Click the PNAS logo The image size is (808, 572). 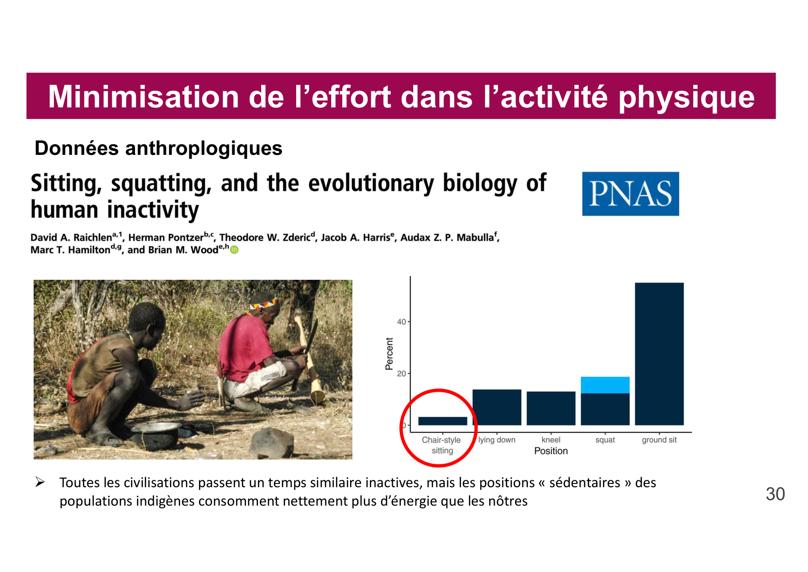pyautogui.click(x=630, y=194)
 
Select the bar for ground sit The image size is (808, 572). pyautogui.click(x=659, y=354)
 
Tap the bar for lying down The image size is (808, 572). pyautogui.click(x=497, y=407)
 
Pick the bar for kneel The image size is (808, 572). pyautogui.click(x=551, y=408)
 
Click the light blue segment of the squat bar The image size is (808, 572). pyautogui.click(x=605, y=385)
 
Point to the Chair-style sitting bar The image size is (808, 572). pyautogui.click(x=443, y=421)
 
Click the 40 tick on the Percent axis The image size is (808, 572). pyautogui.click(x=402, y=322)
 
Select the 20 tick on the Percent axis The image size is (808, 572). pyautogui.click(x=402, y=373)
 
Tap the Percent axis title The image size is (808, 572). pyautogui.click(x=389, y=354)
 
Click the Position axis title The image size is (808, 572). pyautogui.click(x=551, y=451)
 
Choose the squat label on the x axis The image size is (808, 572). pyautogui.click(x=605, y=440)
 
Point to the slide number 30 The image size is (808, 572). pyautogui.click(x=775, y=494)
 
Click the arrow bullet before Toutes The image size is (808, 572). pyautogui.click(x=40, y=482)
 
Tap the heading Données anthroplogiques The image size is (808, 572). pyautogui.click(x=158, y=148)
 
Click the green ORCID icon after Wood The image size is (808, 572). pyautogui.click(x=234, y=250)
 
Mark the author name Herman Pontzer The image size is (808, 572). pyautogui.click(x=166, y=237)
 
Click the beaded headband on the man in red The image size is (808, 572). pyautogui.click(x=264, y=303)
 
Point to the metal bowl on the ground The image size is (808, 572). pyautogui.click(x=156, y=434)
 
